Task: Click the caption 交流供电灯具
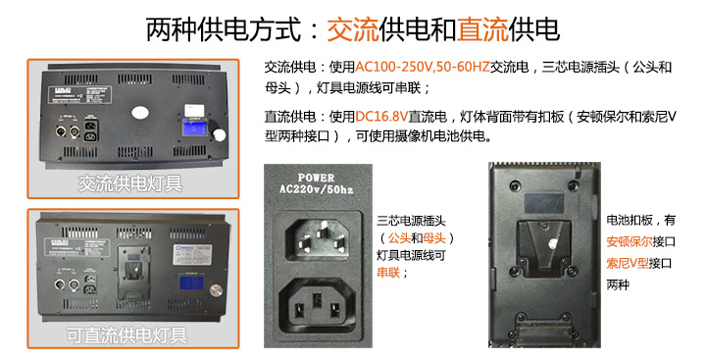coord(131,183)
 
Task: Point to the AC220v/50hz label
coord(315,191)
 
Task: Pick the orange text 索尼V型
coord(630,263)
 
